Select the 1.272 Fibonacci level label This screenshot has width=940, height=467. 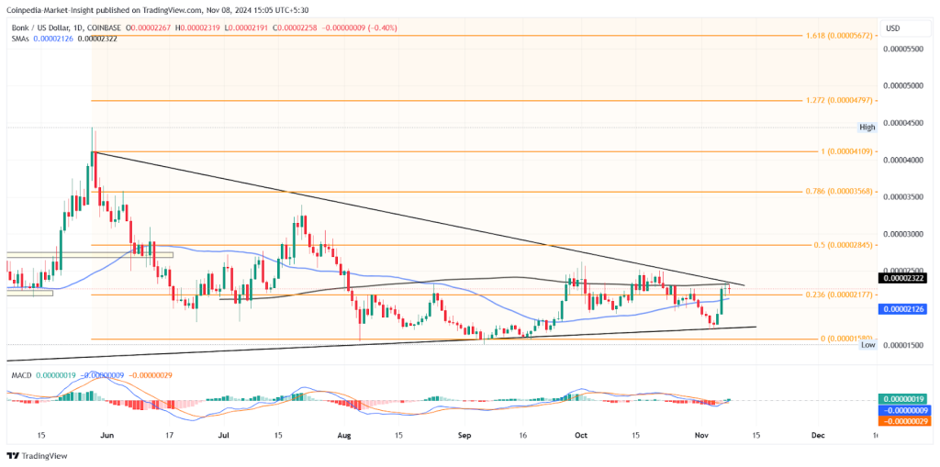pyautogui.click(x=839, y=99)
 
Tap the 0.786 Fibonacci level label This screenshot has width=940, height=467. pyautogui.click(x=839, y=194)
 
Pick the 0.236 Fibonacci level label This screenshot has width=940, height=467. pyautogui.click(x=839, y=294)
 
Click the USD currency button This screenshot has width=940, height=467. pyautogui.click(x=892, y=28)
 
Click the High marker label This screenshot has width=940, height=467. pyautogui.click(x=867, y=127)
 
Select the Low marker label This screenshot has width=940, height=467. pyautogui.click(x=867, y=357)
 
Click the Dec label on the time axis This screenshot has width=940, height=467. pyautogui.click(x=818, y=435)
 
